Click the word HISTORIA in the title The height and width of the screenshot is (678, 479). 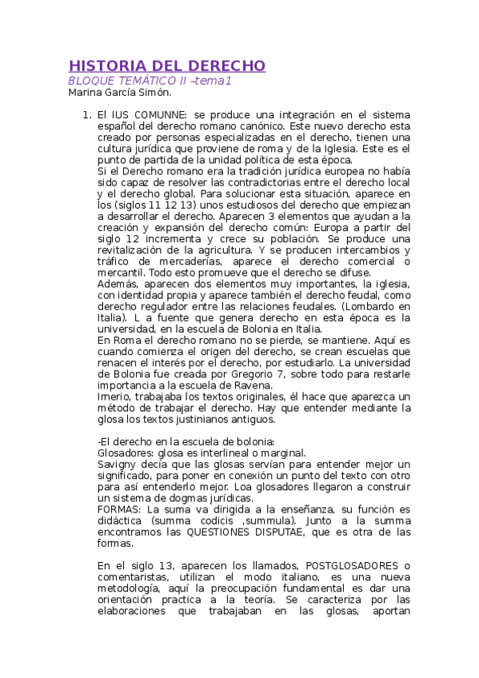tap(104, 66)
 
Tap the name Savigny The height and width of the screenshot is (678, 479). tap(118, 464)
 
